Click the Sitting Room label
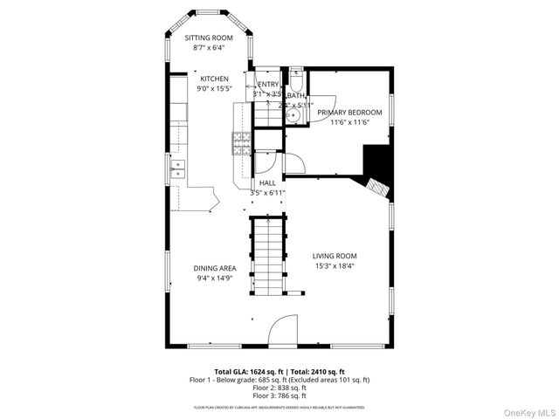point(207,38)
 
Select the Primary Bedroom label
point(349,113)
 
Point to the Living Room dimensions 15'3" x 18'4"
point(335,266)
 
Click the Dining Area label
point(215,268)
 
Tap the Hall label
point(267,182)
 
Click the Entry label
point(267,83)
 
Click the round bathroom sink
point(295,113)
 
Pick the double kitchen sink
point(179,168)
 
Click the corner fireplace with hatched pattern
point(376,186)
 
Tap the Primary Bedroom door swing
point(294,163)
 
